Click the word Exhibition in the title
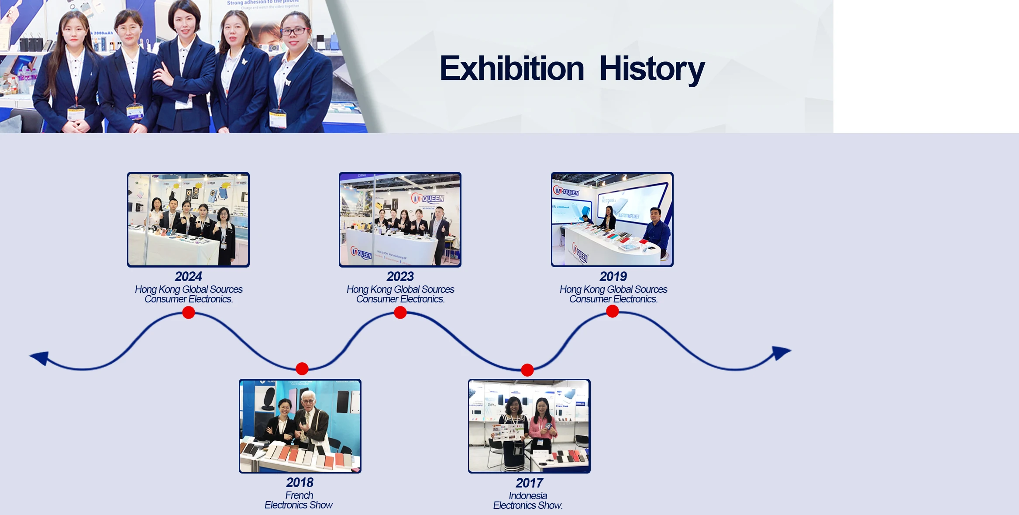click(x=511, y=69)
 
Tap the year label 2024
click(x=188, y=276)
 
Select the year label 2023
click(x=400, y=276)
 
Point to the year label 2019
click(x=613, y=276)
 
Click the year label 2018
click(x=300, y=482)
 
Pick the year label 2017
click(x=529, y=483)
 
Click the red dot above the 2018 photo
click(x=302, y=369)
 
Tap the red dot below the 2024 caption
click(x=189, y=312)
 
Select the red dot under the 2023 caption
click(x=400, y=312)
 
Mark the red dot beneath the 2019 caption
click(x=613, y=311)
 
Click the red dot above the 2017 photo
click(x=527, y=370)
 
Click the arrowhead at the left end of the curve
click(x=39, y=357)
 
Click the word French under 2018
click(x=299, y=495)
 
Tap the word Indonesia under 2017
click(x=527, y=496)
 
